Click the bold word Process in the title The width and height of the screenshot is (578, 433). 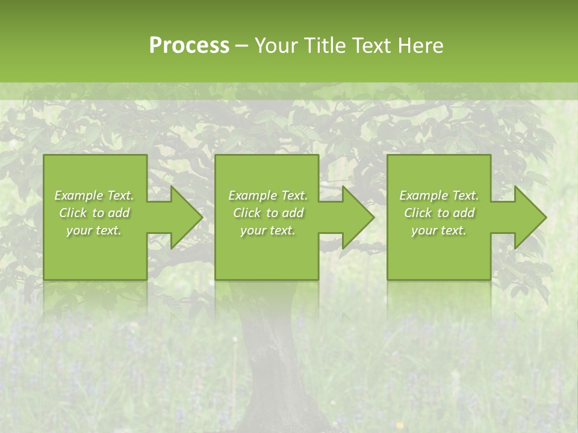click(x=189, y=45)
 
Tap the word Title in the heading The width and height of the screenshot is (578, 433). click(x=326, y=45)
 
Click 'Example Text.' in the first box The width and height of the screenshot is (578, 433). click(x=94, y=195)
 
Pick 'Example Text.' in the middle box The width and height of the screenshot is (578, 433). click(x=268, y=195)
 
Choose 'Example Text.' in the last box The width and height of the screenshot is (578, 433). click(x=439, y=195)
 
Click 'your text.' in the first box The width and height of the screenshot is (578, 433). click(x=94, y=230)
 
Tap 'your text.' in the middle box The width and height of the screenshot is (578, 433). click(x=268, y=230)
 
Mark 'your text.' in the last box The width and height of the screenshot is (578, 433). click(x=439, y=230)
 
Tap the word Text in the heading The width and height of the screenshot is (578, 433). click(x=370, y=45)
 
